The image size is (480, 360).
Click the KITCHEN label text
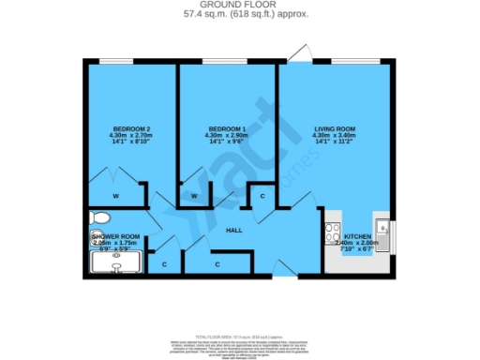coord(357,235)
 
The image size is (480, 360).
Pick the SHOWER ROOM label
coord(116,235)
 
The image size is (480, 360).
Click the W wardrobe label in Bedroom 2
coord(115,197)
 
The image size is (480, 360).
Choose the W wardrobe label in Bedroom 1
coord(194,197)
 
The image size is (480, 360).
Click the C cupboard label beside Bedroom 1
coord(262,196)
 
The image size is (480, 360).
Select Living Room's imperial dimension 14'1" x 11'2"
coord(332,142)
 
